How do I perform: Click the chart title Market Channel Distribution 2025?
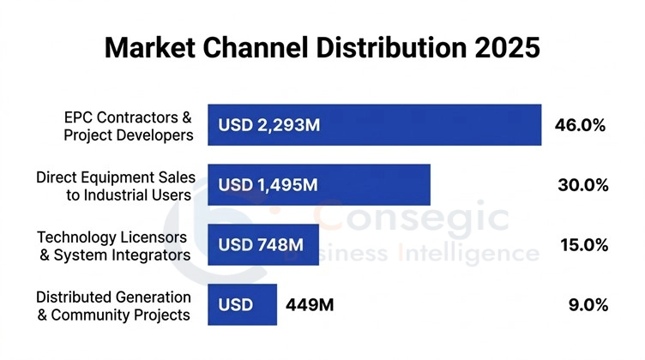(322, 47)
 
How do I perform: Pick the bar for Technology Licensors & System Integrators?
(263, 245)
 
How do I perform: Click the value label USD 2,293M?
(268, 126)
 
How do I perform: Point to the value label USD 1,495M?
(268, 185)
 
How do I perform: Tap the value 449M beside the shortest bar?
(309, 305)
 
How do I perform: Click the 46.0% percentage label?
(580, 126)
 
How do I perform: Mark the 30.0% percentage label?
(583, 185)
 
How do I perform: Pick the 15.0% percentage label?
(583, 245)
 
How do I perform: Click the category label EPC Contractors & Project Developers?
(129, 125)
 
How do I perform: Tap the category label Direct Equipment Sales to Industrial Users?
(116, 185)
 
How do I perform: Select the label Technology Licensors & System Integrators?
(113, 245)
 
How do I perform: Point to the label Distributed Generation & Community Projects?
(113, 305)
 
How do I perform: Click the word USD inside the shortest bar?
(234, 305)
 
